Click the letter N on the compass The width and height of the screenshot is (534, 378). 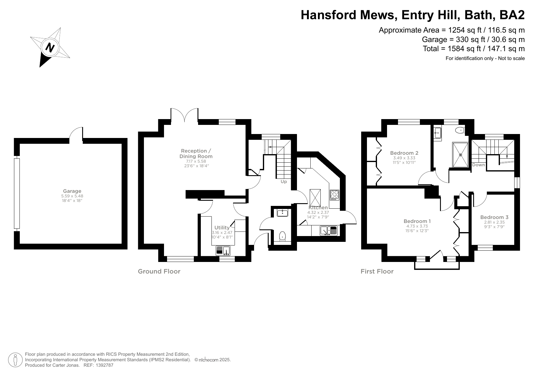[x=50, y=48]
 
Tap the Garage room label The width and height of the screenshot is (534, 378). [x=72, y=191]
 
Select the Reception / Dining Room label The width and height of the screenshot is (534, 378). [x=196, y=154]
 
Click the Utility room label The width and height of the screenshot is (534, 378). [x=222, y=228]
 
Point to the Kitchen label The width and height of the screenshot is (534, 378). [x=318, y=208]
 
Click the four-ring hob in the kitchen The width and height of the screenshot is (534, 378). [x=334, y=194]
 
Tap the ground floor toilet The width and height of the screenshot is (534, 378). [x=283, y=236]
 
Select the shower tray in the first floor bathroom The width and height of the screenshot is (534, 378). [x=460, y=155]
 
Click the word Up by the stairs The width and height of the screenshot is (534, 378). [x=284, y=182]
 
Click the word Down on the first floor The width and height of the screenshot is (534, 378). [x=478, y=165]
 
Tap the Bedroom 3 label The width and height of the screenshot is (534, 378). [x=494, y=217]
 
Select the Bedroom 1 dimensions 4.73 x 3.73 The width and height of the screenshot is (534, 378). [x=417, y=226]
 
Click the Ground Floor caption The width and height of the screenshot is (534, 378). [x=159, y=271]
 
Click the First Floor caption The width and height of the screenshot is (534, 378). [x=377, y=271]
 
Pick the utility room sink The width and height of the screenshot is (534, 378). [x=223, y=251]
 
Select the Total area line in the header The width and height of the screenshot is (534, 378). [x=473, y=49]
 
